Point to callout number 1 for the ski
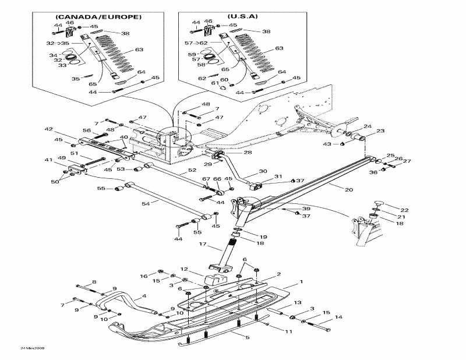point(301,282)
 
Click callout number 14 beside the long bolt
point(338,317)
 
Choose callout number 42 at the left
point(48,129)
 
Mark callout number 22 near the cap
point(404,210)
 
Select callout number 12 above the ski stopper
point(183,269)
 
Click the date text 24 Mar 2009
point(33,348)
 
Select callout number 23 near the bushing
point(380,132)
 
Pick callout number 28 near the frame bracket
point(248,152)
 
